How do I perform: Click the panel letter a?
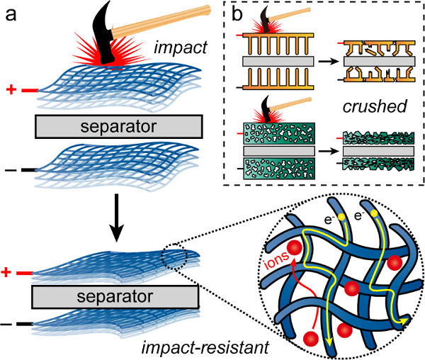tap(12, 14)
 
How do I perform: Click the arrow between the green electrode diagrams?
tap(322, 152)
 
